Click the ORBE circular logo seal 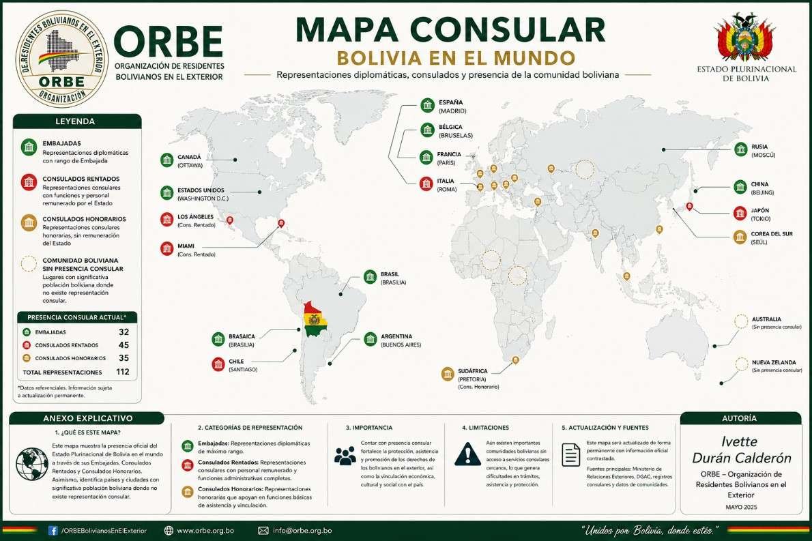pyautogui.click(x=61, y=59)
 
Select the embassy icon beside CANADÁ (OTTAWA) pyautogui.click(x=167, y=160)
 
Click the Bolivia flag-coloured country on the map pyautogui.click(x=314, y=319)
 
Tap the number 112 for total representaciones pyautogui.click(x=123, y=372)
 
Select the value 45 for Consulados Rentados pyautogui.click(x=124, y=345)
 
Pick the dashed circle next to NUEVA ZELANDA pyautogui.click(x=742, y=364)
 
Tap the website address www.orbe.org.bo pyautogui.click(x=205, y=530)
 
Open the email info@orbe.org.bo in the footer pyautogui.click(x=302, y=530)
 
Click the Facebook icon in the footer pyautogui.click(x=53, y=530)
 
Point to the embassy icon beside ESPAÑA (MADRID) pyautogui.click(x=427, y=105)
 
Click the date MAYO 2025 pyautogui.click(x=740, y=508)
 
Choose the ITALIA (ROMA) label pyautogui.click(x=447, y=185)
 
